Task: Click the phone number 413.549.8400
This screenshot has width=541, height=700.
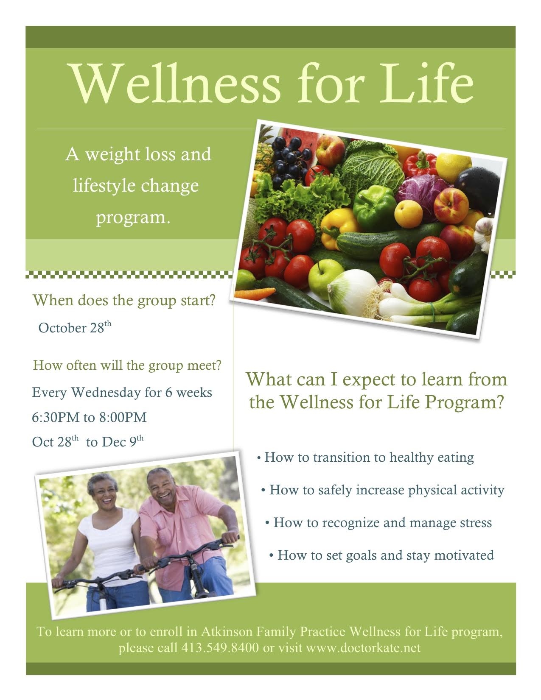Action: (x=220, y=648)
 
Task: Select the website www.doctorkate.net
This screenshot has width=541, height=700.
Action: (x=363, y=648)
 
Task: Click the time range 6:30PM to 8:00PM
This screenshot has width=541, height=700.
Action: (x=89, y=417)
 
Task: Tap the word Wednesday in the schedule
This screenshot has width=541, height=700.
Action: (x=106, y=393)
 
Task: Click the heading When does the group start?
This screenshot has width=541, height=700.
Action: (x=124, y=301)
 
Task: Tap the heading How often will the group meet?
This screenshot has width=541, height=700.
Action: (x=127, y=365)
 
